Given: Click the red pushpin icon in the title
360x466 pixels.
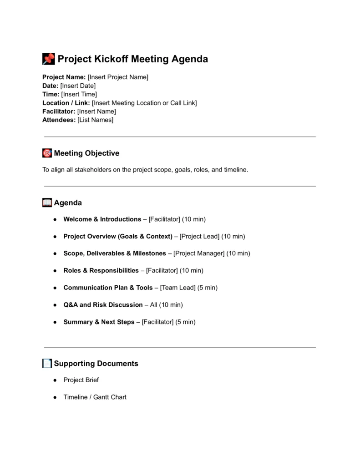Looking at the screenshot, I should [48, 59].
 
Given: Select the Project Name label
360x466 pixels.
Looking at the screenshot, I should [64, 77].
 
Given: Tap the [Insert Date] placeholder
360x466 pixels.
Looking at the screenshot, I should [78, 86].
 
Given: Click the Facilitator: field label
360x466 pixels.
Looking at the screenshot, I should [59, 111].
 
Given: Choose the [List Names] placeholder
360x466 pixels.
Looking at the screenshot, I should [96, 120].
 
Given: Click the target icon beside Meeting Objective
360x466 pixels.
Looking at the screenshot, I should [47, 153].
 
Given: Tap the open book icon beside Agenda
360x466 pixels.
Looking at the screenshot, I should [47, 203].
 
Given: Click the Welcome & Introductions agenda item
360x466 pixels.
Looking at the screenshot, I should [102, 219].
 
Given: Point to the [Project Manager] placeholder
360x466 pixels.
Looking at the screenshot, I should [199, 253].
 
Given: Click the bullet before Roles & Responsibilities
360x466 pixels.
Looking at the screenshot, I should [54, 271].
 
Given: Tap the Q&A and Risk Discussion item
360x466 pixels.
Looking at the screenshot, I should [103, 305].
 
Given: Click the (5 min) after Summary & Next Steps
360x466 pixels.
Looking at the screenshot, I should [185, 322].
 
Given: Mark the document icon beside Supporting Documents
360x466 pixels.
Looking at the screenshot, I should [47, 364].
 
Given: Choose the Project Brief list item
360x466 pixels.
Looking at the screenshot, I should [81, 380].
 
